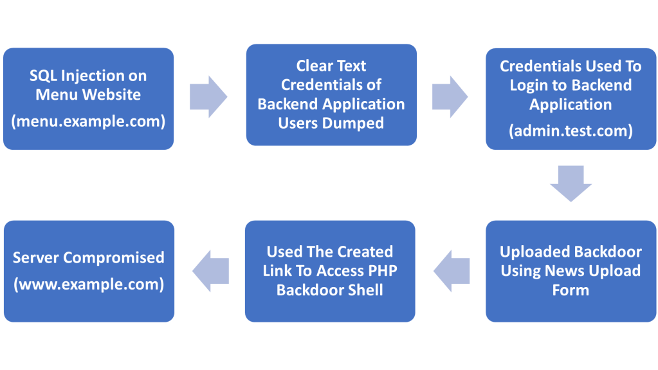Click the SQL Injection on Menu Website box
click(89, 98)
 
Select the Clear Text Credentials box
click(331, 95)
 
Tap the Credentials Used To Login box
click(571, 99)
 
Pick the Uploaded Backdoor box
click(571, 272)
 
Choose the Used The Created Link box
click(330, 272)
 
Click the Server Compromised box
click(89, 272)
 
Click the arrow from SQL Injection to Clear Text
click(208, 97)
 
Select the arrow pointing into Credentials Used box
click(450, 97)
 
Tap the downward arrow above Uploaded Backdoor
click(571, 183)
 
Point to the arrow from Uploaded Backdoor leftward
click(452, 271)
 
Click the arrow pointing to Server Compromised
click(211, 271)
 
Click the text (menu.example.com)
click(88, 122)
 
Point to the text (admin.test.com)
click(571, 131)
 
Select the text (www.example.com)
click(89, 284)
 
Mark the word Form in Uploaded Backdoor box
click(571, 290)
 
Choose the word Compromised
click(113, 258)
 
